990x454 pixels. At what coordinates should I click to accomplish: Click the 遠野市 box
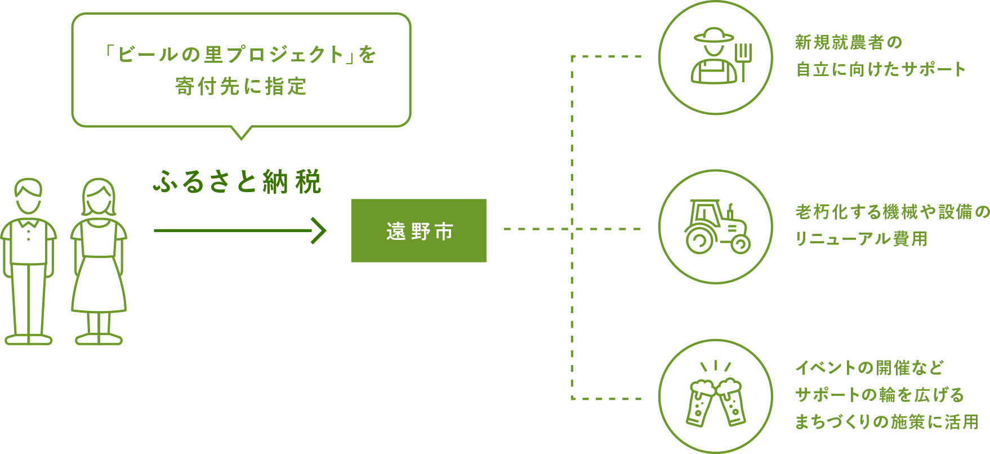click(x=418, y=230)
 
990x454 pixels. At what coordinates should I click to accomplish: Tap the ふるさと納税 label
click(x=237, y=182)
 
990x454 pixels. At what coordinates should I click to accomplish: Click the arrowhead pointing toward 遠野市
click(x=319, y=230)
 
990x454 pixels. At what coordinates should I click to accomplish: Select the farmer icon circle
click(x=715, y=58)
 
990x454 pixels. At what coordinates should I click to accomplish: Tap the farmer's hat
click(x=714, y=36)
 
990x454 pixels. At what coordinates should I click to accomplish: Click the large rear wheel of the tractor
click(x=699, y=241)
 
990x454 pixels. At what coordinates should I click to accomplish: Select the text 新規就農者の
click(x=848, y=42)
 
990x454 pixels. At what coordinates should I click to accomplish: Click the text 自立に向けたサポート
click(x=880, y=69)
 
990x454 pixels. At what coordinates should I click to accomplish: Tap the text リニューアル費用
click(x=860, y=239)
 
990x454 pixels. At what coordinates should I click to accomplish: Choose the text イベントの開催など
click(x=869, y=368)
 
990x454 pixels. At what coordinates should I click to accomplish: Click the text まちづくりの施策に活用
click(x=886, y=422)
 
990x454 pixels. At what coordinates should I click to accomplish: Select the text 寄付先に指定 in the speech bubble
click(x=241, y=86)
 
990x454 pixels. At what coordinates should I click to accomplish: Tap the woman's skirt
click(x=99, y=284)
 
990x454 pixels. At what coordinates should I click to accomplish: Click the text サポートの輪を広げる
click(x=879, y=395)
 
